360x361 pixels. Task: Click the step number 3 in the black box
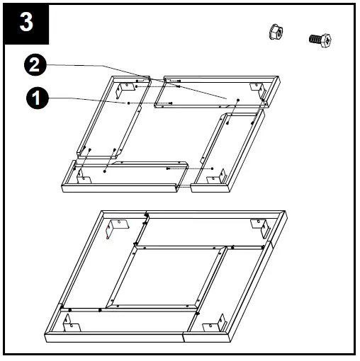26,22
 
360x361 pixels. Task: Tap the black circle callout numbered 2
35,66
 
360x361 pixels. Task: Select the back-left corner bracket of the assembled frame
118,228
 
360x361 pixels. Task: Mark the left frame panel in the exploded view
99,120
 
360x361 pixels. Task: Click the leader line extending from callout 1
85,98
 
